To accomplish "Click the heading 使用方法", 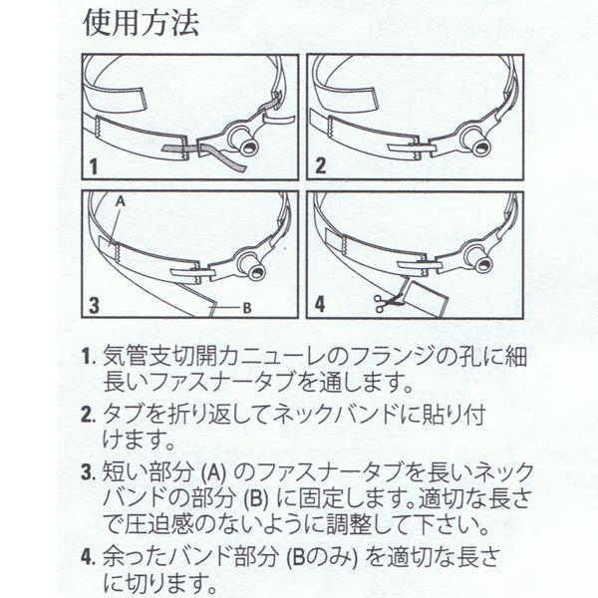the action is pos(141,23).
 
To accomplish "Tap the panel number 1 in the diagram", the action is pos(94,167).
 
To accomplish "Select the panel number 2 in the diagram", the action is pos(320,165).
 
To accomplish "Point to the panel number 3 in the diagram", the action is pos(94,305).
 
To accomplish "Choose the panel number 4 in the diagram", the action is pos(320,304).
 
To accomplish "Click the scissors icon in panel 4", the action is pos(386,304).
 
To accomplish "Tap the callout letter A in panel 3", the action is pos(121,201).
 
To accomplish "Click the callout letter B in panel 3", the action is pos(247,308).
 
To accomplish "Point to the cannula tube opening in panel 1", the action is pos(251,148).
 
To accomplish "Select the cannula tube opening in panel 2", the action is pos(481,148).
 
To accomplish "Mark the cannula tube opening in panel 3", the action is pos(258,272).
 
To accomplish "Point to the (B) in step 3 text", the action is pos(256,498).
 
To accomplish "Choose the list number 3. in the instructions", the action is pos(88,473).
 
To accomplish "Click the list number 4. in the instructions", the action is pos(88,558).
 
